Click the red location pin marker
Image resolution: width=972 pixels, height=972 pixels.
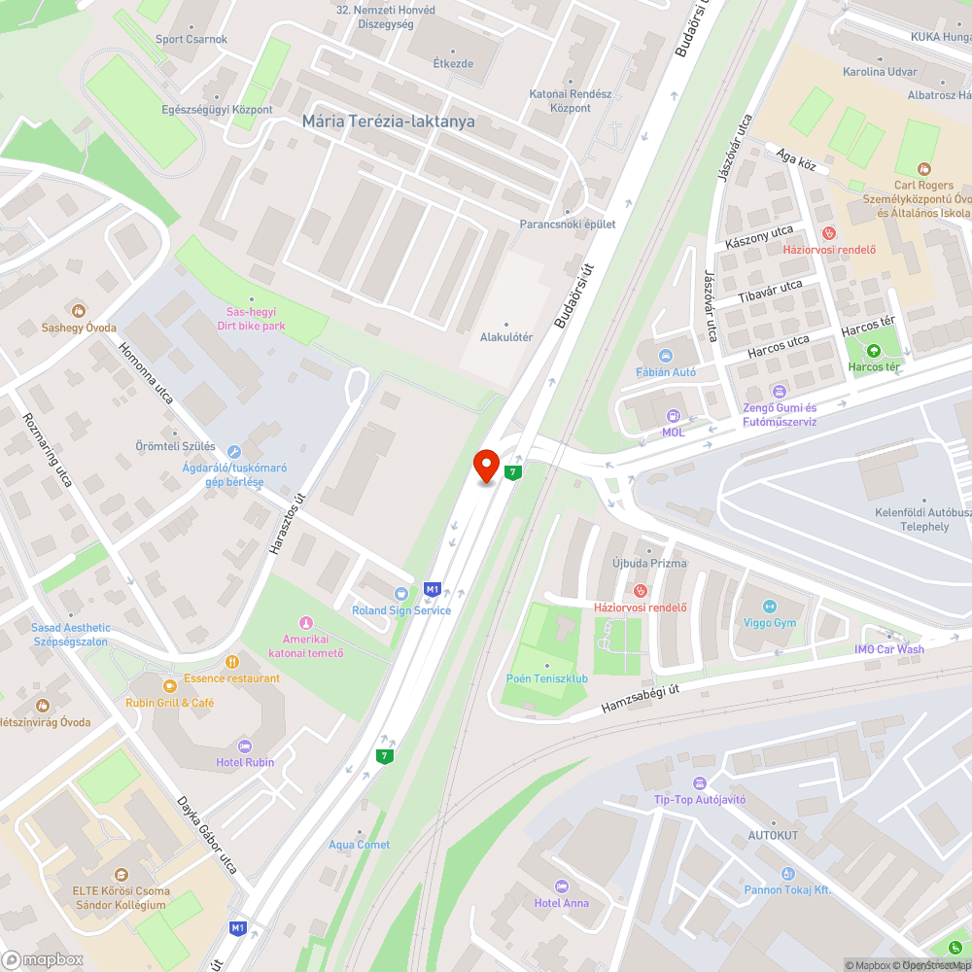pos(486,465)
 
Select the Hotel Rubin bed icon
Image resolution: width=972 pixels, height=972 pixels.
pos(244,746)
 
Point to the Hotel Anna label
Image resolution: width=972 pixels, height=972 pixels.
pos(562,903)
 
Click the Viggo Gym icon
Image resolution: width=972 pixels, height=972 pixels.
pos(770,607)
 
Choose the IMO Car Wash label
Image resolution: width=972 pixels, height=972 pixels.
pos(889,649)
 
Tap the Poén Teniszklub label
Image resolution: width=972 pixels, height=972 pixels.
pos(547,678)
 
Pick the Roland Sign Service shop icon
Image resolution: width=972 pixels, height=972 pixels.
pos(400,594)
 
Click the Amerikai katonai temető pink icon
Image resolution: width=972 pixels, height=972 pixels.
pos(306,623)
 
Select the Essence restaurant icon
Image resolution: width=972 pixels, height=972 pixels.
pos(231,662)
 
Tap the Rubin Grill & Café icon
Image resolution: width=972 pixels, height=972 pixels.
pos(169,686)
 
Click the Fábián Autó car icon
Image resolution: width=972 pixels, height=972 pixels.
pos(666,356)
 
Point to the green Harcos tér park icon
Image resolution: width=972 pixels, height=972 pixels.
pos(873,351)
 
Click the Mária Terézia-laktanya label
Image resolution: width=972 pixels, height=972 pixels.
pos(389,121)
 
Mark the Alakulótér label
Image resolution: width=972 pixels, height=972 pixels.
pos(506,337)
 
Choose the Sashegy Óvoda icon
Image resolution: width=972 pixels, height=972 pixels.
pos(79,311)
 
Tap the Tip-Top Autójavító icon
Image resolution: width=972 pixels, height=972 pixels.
pos(699,783)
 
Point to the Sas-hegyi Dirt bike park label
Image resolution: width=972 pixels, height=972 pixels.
pos(251,319)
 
